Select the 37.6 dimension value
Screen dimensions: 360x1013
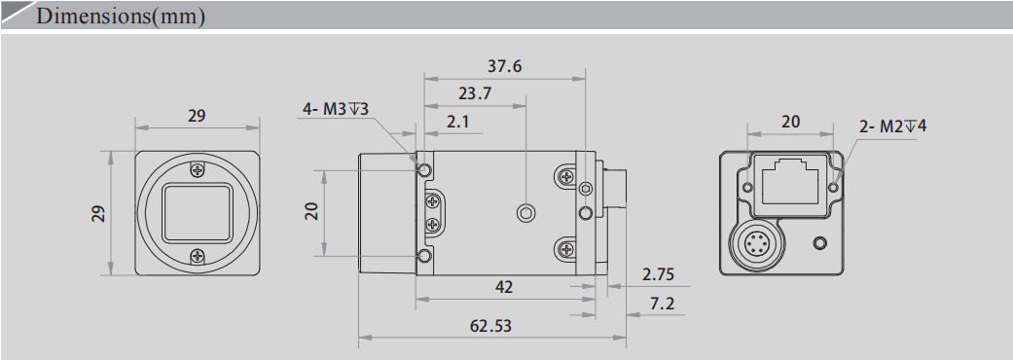click(x=504, y=66)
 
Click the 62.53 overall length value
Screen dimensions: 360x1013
click(x=490, y=326)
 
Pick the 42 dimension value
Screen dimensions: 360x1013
click(x=504, y=287)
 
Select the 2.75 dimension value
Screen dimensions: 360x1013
click(x=658, y=274)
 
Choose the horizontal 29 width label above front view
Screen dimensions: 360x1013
click(x=197, y=115)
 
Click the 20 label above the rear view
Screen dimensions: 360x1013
click(x=790, y=121)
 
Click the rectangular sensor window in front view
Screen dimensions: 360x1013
click(x=198, y=211)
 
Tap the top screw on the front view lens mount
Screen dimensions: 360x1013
click(x=198, y=168)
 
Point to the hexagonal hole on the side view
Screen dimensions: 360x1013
click(x=525, y=212)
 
